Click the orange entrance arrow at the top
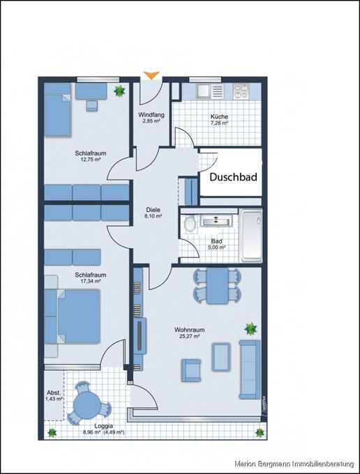tap(150, 74)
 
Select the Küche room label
tap(220, 116)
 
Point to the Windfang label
tap(151, 114)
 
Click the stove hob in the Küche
tap(243, 91)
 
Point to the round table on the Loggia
tap(89, 402)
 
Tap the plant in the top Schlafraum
tap(120, 90)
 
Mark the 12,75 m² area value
tap(88, 160)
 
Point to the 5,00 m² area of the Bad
tap(217, 247)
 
